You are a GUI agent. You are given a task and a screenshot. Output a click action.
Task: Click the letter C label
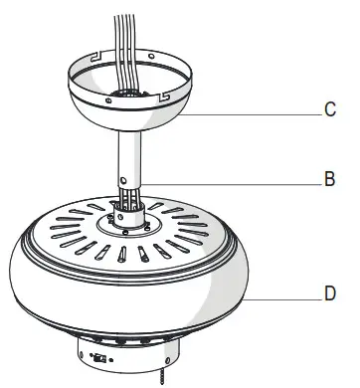[x=330, y=110]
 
